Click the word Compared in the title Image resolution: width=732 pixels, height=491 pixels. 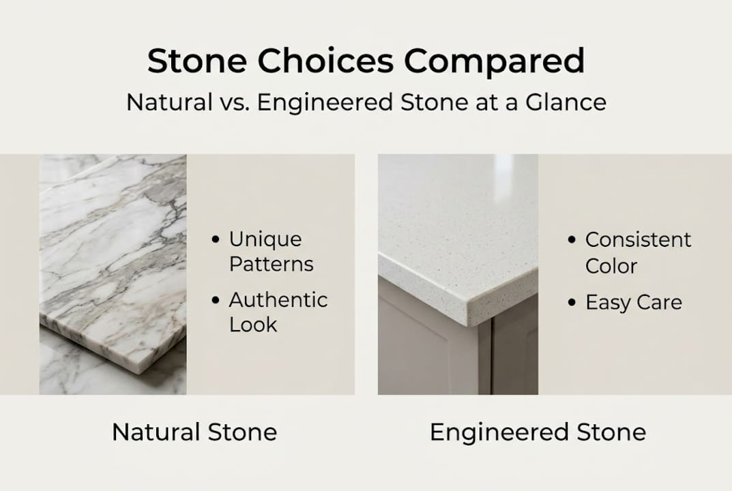[495, 61]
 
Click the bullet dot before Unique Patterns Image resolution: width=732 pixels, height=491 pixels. [216, 240]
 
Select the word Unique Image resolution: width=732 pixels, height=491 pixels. [265, 239]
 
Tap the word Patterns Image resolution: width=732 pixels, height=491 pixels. [272, 265]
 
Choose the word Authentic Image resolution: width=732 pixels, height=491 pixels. [278, 300]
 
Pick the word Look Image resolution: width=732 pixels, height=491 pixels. [253, 325]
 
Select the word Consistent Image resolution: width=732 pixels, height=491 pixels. [639, 240]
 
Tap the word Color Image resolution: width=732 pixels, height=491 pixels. [611, 265]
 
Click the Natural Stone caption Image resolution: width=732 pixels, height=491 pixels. [194, 432]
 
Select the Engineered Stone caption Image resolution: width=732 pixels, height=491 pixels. [538, 432]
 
